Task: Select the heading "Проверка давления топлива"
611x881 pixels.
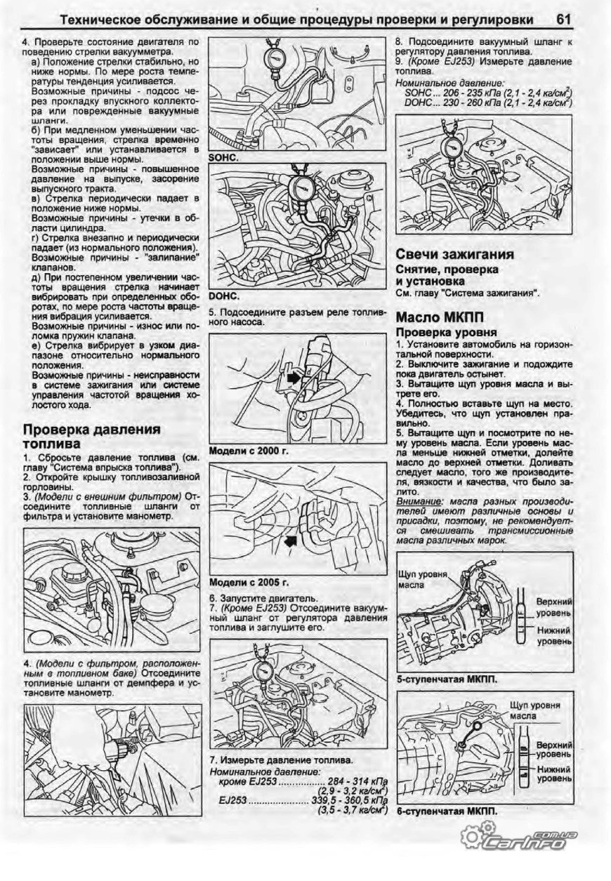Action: pos(91,436)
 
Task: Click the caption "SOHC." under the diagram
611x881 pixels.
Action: pos(224,158)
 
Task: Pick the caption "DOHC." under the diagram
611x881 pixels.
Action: pos(224,296)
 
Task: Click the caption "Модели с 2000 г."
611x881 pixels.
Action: pos(249,451)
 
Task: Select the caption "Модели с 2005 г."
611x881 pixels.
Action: pos(249,582)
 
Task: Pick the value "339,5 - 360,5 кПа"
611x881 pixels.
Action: pos(348,800)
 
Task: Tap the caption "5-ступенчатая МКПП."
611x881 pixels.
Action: pos(442,679)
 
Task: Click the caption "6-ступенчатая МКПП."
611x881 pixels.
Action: pos(447,811)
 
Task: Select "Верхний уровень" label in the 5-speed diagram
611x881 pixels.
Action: pos(554,608)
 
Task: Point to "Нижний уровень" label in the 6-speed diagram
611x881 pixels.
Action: pos(554,773)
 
